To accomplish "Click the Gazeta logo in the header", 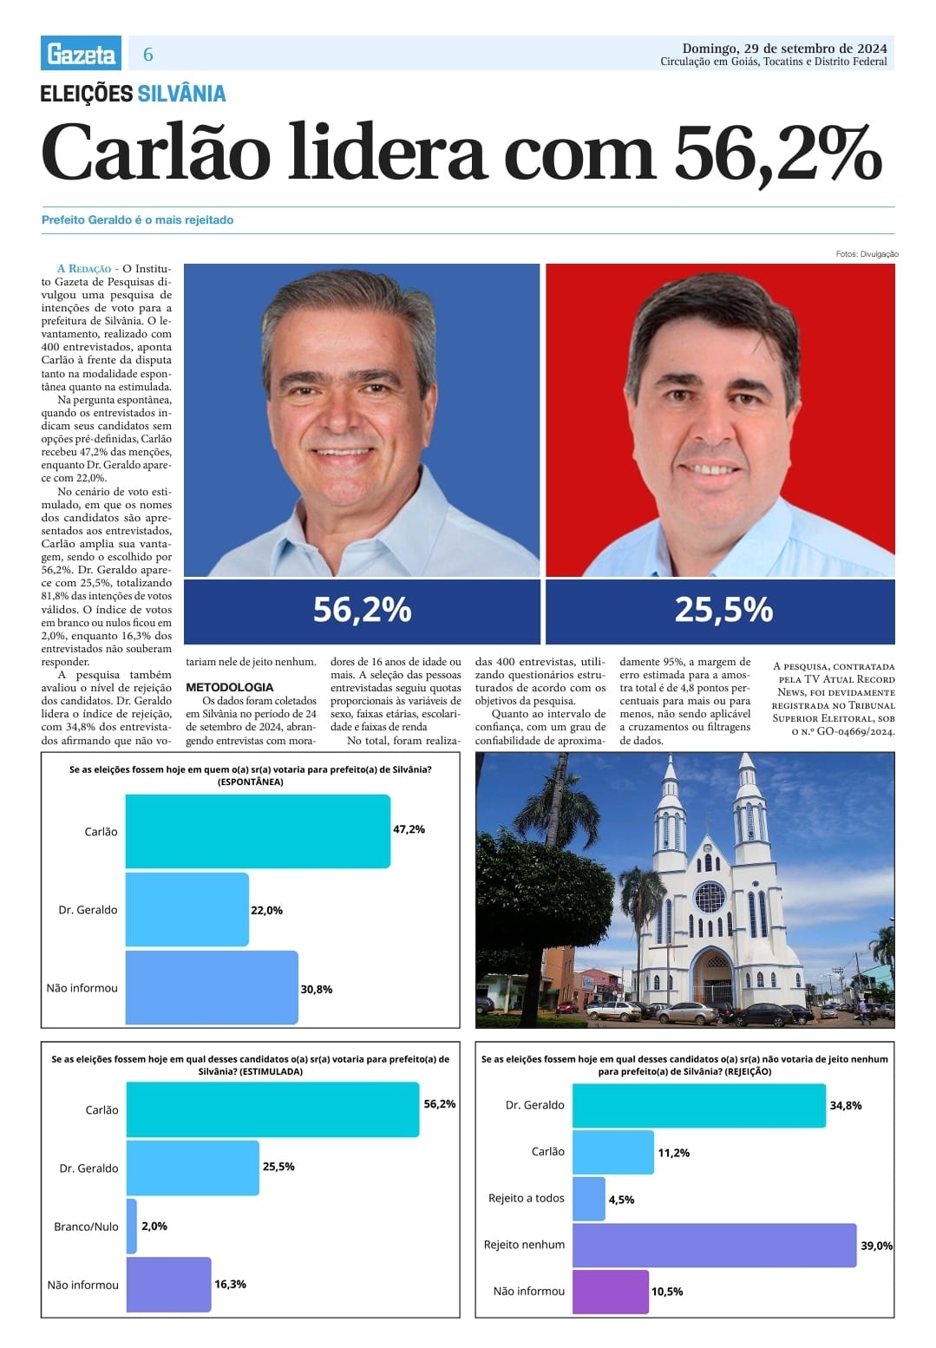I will [82, 54].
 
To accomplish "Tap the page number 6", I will [147, 55].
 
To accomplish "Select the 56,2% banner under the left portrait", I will [362, 611].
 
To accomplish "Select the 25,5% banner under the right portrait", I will [723, 611].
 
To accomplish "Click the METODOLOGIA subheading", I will [229, 687].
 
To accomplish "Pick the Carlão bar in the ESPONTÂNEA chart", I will [258, 831].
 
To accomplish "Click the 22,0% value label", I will [266, 910].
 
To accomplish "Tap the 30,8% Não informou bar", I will [212, 988].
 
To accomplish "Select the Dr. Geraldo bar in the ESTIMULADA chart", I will [193, 1168].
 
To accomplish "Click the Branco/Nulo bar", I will [132, 1226].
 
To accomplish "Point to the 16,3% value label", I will [230, 1284].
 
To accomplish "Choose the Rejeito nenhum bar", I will [714, 1245].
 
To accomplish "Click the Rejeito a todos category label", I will [526, 1198].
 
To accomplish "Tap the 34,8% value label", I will [845, 1105].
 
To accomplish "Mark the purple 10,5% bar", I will [611, 1291].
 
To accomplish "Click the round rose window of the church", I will [709, 897].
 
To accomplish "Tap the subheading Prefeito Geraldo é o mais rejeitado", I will [137, 220].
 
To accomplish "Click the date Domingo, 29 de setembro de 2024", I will [784, 48].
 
